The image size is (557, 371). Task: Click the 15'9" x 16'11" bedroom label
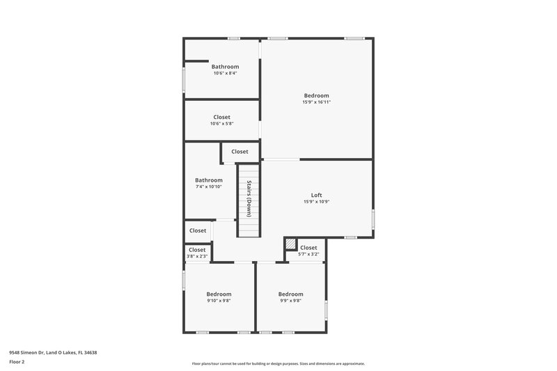[x=316, y=95]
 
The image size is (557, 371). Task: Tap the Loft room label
[x=316, y=195]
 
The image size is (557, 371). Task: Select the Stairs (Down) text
[x=248, y=198]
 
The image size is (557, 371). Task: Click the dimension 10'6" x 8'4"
[x=225, y=73]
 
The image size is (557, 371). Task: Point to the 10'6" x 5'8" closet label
[x=221, y=124]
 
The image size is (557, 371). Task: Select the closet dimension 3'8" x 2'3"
[x=197, y=257]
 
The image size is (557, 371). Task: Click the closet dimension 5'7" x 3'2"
[x=308, y=254]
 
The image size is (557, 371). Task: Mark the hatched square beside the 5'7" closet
[x=290, y=245]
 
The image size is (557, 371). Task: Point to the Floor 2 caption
[x=17, y=362]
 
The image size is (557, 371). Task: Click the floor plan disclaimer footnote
[x=278, y=363]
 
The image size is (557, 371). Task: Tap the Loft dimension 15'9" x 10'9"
[x=316, y=202]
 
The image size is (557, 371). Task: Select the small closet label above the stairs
[x=240, y=151]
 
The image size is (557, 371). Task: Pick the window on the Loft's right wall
[x=372, y=219]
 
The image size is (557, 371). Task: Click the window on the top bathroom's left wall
[x=184, y=79]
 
